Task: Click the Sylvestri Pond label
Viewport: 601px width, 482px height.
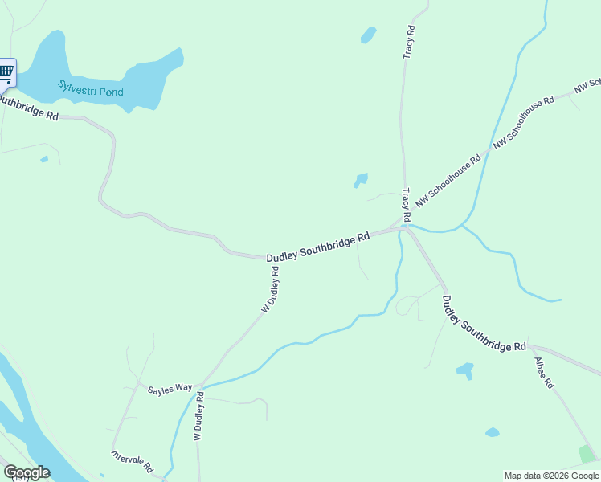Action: coord(91,88)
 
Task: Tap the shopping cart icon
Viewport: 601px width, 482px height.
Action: coord(6,72)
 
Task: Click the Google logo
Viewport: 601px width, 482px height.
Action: coord(27,472)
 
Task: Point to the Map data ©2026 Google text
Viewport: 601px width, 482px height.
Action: coord(551,476)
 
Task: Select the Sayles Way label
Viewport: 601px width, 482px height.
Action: coord(170,388)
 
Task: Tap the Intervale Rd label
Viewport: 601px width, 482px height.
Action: coord(133,460)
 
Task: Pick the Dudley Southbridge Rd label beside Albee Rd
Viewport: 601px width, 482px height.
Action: coord(483,323)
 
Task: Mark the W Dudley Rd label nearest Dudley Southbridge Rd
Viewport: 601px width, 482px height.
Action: coord(269,289)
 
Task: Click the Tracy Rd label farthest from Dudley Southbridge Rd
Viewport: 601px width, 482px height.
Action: coord(409,41)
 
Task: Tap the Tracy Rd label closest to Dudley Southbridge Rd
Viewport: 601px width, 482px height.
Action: coord(407,206)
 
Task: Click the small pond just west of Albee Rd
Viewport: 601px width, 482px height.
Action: coord(464,370)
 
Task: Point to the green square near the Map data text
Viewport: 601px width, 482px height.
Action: coord(587,455)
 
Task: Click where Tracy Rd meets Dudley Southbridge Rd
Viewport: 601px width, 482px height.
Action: coord(403,227)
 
